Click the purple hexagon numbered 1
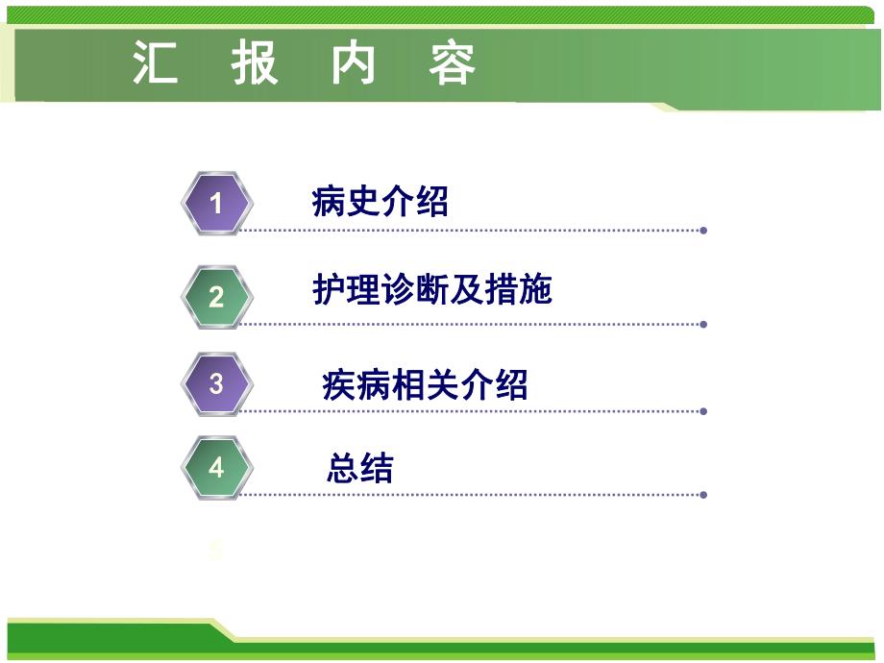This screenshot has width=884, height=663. [x=216, y=204]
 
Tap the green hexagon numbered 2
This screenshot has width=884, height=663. [x=216, y=297]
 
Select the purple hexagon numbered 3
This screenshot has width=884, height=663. [x=216, y=384]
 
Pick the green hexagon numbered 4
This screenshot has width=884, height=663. [x=216, y=468]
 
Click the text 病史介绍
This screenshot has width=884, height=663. [x=381, y=202]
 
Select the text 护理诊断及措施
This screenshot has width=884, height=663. [x=432, y=289]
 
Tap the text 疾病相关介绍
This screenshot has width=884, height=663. [x=425, y=385]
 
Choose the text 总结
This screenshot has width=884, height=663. [x=360, y=469]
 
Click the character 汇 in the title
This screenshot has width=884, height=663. [x=156, y=65]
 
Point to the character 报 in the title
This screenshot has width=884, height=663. [x=255, y=65]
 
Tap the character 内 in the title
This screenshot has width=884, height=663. [x=354, y=65]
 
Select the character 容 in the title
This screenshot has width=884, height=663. [x=453, y=65]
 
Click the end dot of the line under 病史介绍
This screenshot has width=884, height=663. [x=704, y=231]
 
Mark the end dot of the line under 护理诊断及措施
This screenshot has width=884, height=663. [x=704, y=324]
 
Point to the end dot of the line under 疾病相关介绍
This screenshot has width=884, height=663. [x=704, y=411]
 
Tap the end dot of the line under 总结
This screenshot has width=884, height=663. [x=704, y=495]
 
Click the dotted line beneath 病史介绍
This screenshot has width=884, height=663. [x=471, y=231]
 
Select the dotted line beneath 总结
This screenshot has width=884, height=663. [x=471, y=495]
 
